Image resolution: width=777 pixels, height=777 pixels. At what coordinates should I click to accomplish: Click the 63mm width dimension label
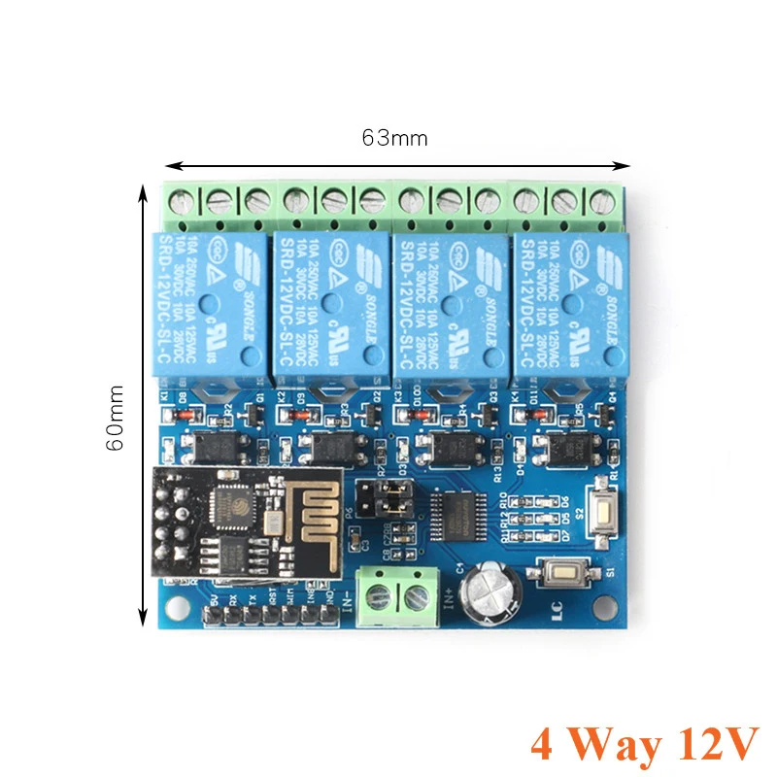click(394, 138)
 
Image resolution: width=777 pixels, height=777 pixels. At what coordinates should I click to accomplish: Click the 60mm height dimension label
click(116, 417)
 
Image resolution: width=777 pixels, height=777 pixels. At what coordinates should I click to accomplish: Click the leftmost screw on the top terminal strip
click(181, 201)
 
